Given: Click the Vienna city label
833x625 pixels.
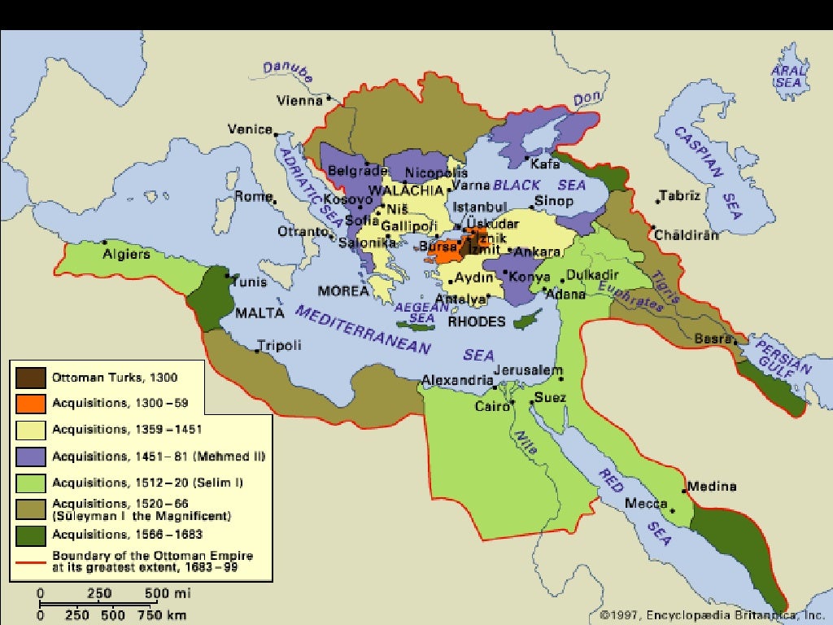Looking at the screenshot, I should pos(300,101).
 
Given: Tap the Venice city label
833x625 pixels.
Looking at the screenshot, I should pos(250,129).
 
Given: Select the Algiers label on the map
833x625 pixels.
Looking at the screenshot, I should pos(126,254).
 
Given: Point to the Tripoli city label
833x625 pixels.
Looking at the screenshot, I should pos(279,345).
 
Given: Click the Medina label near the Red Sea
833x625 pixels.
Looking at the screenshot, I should pos(712,487).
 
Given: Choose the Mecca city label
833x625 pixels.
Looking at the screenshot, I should pos(647,504).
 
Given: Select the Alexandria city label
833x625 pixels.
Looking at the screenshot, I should pos(457,380).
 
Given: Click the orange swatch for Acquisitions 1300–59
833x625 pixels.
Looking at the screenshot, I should pos(30,404).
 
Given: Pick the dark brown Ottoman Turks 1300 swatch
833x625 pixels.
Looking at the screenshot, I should pos(30,378).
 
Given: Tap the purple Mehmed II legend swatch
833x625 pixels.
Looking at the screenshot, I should pos(30,456).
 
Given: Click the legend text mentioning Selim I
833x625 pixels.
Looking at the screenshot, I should pos(147,482).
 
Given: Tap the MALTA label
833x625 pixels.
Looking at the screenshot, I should pos(259,312).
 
